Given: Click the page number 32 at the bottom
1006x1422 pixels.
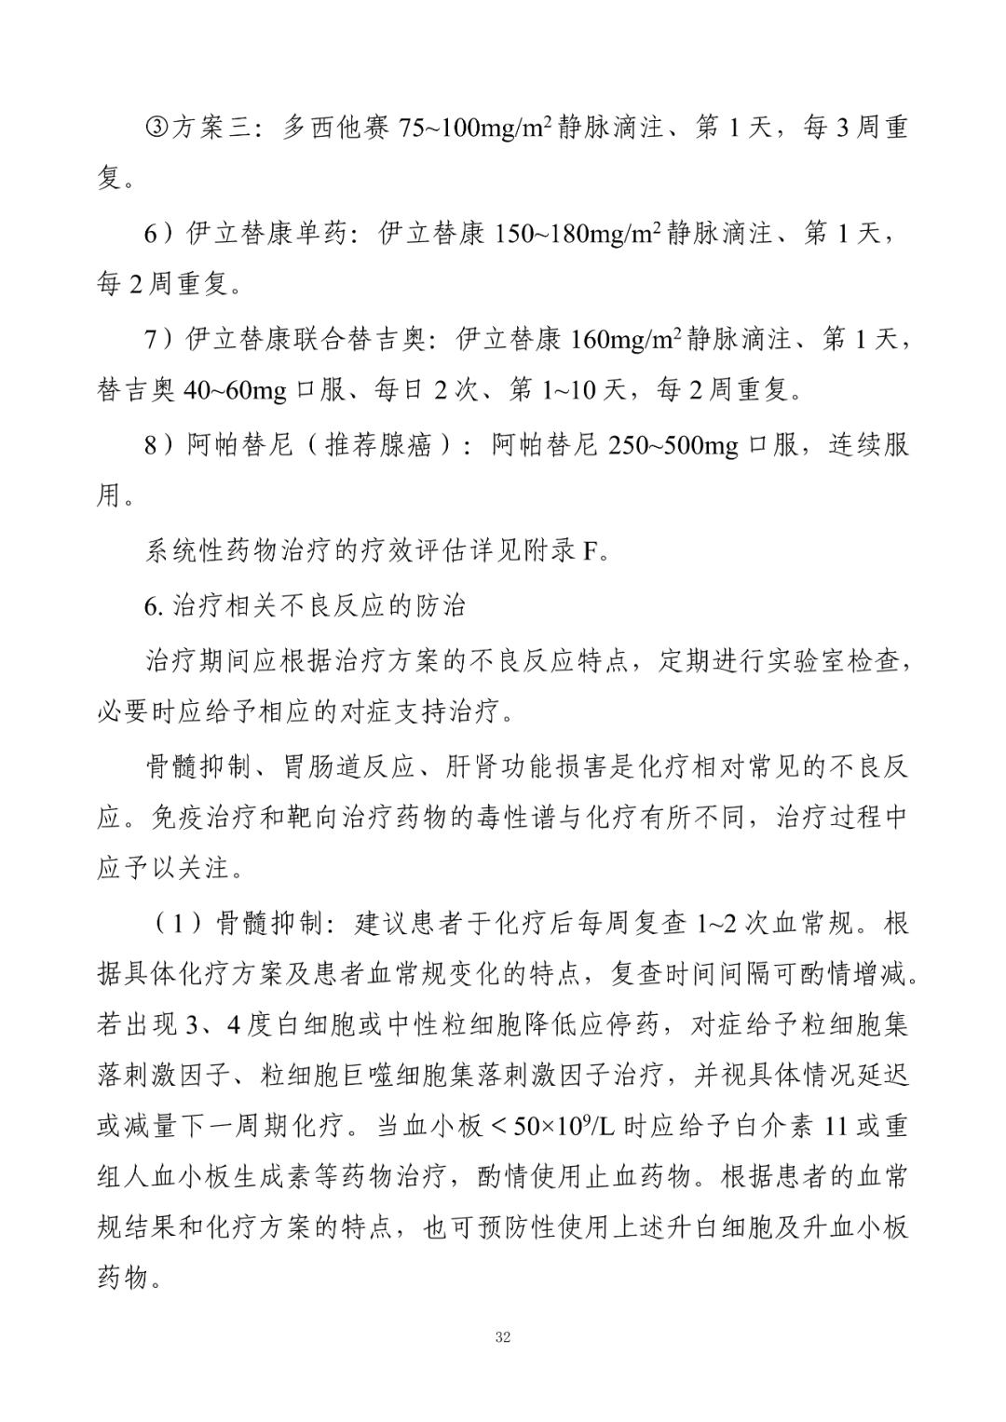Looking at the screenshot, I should click(x=503, y=1338).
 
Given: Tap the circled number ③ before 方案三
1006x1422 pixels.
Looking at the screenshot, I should click(x=156, y=128).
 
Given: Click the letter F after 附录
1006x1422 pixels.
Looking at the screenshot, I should click(x=589, y=552).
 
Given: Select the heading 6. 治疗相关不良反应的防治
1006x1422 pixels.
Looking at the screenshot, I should click(x=306, y=606).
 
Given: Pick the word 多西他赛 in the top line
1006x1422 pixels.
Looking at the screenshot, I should click(x=335, y=128).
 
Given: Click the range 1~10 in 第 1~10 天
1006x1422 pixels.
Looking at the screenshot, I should click(x=567, y=391).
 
